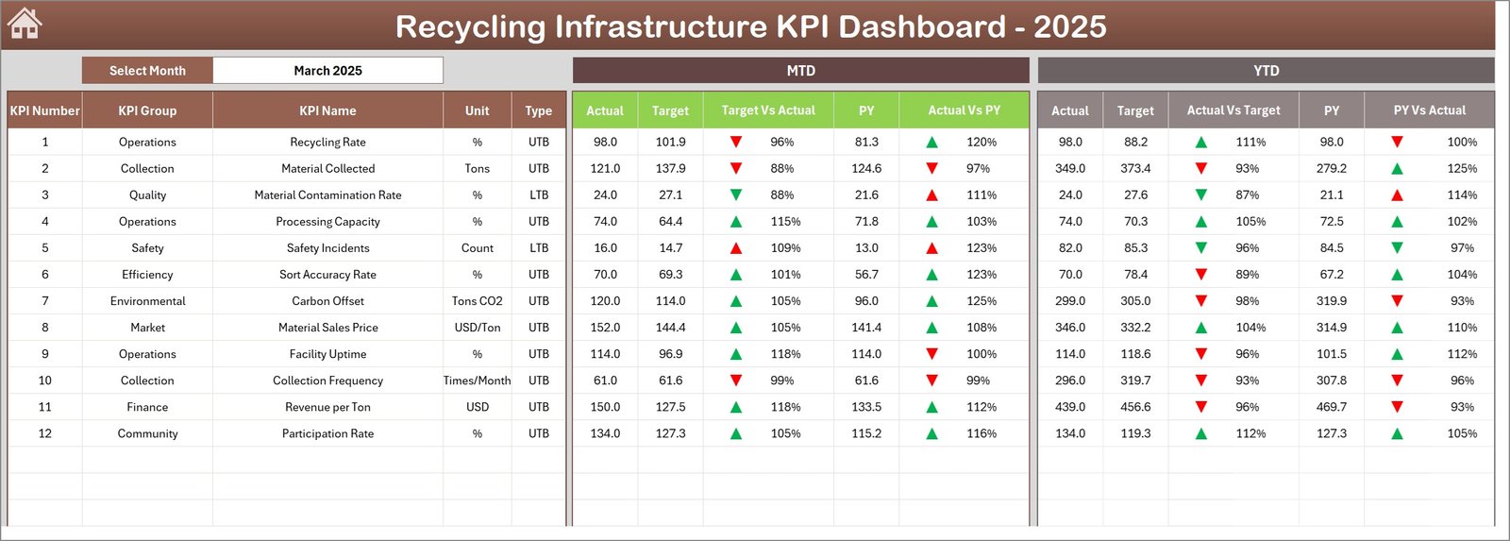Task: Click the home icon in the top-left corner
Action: point(25,24)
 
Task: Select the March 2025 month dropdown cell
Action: point(327,71)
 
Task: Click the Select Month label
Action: point(147,71)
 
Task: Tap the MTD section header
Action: point(800,71)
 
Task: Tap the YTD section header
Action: point(1266,71)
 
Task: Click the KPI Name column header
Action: point(327,110)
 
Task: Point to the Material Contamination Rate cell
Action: point(327,195)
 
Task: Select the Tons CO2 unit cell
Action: point(477,301)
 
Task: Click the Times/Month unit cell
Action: point(477,380)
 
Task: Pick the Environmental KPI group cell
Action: point(147,301)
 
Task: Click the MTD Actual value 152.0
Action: point(605,328)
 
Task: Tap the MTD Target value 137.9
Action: point(670,169)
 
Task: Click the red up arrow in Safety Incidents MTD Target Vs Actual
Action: point(736,248)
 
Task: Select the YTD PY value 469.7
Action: point(1332,407)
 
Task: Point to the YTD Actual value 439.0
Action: point(1070,407)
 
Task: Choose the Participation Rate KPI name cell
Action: point(327,433)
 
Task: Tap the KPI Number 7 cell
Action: point(44,301)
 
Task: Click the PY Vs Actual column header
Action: point(1429,110)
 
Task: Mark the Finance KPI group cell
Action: point(147,407)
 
